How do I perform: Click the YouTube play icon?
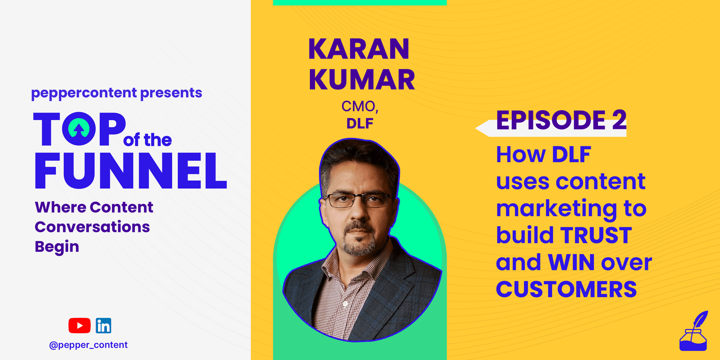click(x=79, y=326)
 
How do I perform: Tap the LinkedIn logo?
click(x=104, y=326)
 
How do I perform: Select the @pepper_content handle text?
click(x=89, y=345)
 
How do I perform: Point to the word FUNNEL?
click(x=131, y=171)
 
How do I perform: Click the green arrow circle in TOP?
click(x=79, y=128)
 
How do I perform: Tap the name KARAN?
click(x=359, y=49)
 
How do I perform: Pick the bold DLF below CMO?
click(x=360, y=124)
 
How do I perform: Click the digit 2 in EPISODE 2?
click(x=619, y=120)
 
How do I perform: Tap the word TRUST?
click(x=596, y=235)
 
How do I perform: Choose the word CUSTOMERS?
click(x=566, y=289)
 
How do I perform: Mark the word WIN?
click(x=571, y=262)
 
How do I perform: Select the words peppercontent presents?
click(x=117, y=93)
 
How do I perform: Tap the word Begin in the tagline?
click(x=57, y=247)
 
